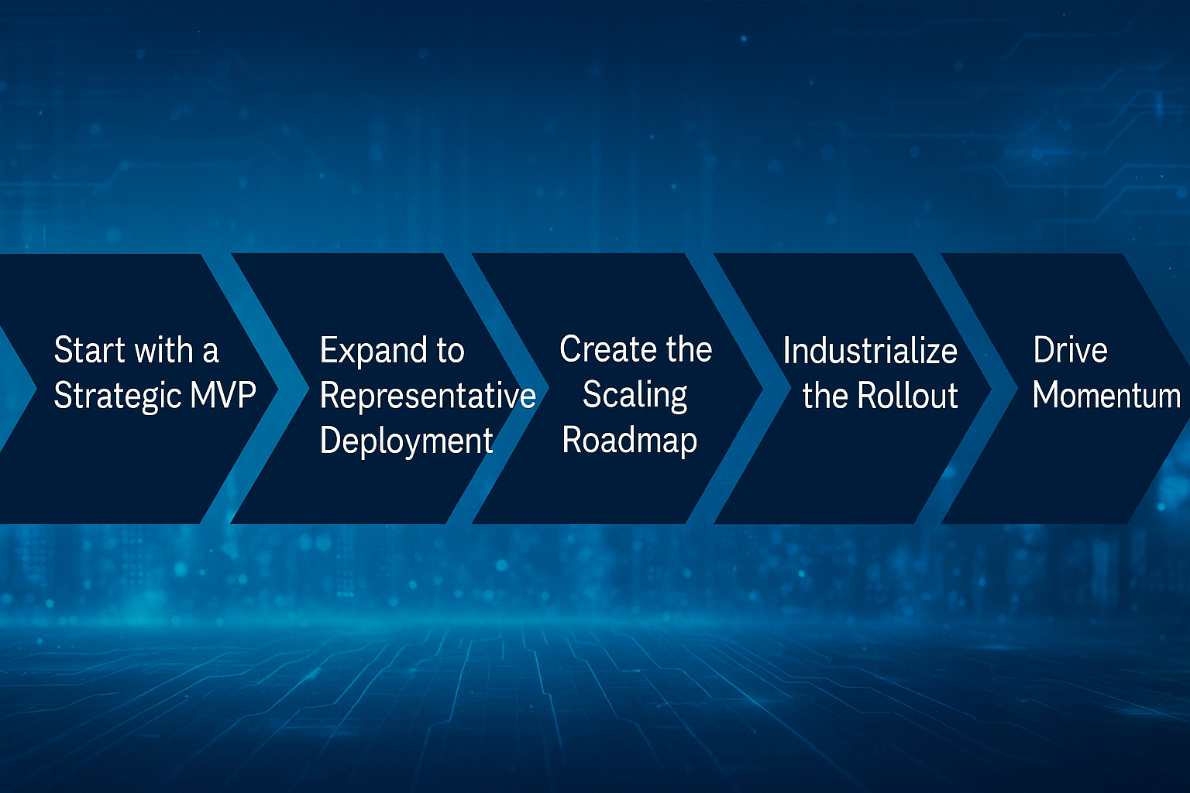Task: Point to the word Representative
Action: click(428, 396)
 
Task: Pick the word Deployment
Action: click(406, 441)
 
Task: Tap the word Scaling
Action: click(635, 395)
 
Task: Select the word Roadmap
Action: click(629, 441)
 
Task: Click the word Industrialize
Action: click(870, 351)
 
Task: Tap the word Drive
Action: click(1070, 350)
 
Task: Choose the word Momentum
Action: click(1106, 396)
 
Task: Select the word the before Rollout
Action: click(825, 396)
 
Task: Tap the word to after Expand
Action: click(449, 351)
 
